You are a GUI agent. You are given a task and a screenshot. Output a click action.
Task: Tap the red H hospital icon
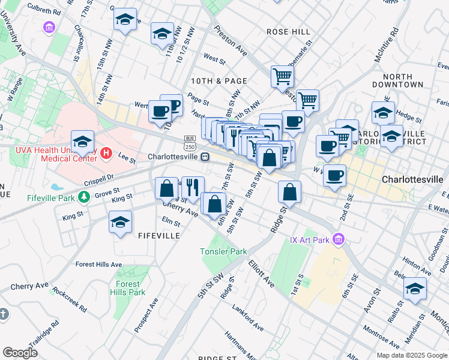(107, 154)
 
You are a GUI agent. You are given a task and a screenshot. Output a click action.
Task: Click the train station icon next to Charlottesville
(205, 157)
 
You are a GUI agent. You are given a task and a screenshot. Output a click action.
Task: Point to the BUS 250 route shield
(190, 143)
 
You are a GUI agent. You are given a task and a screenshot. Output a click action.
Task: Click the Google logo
(20, 352)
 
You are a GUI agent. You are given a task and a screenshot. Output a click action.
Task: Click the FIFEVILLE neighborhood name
(158, 236)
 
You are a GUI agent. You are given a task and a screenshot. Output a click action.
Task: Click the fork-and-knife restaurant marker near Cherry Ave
(193, 187)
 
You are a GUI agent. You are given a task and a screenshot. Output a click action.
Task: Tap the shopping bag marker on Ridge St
(289, 192)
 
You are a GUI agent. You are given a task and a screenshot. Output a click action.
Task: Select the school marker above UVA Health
(83, 142)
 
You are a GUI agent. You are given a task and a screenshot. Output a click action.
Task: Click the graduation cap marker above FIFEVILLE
(120, 221)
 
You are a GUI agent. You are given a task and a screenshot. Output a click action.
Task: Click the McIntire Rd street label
(385, 45)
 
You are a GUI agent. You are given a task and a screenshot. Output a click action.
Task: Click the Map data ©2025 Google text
(411, 355)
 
